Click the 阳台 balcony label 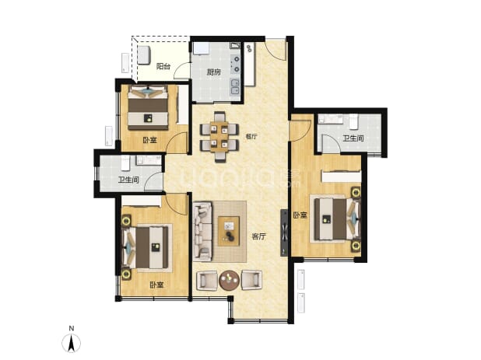pyautogui.click(x=163, y=66)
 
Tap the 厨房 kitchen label pyautogui.click(x=214, y=72)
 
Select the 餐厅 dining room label pyautogui.click(x=251, y=136)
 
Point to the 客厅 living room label pyautogui.click(x=258, y=236)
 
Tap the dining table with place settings pyautogui.click(x=219, y=137)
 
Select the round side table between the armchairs pyautogui.click(x=229, y=281)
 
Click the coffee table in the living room pyautogui.click(x=229, y=231)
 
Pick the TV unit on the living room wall pyautogui.click(x=284, y=232)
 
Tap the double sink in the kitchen pyautogui.click(x=235, y=87)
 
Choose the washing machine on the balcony pyautogui.click(x=144, y=55)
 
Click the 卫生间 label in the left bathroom pyautogui.click(x=128, y=180)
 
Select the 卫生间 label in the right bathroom pyautogui.click(x=353, y=138)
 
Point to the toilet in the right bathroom pyautogui.click(x=353, y=121)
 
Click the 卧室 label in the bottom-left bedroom pyautogui.click(x=156, y=285)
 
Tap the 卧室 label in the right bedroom pyautogui.click(x=300, y=215)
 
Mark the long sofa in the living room pyautogui.click(x=203, y=232)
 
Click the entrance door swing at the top pyautogui.click(x=276, y=49)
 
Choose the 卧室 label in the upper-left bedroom pyautogui.click(x=149, y=140)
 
